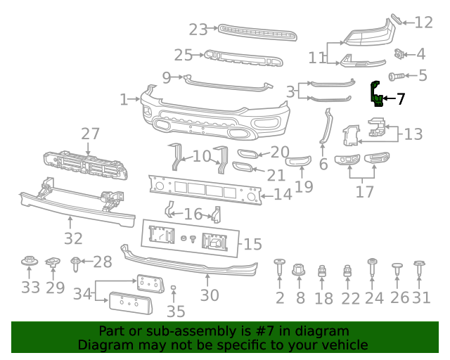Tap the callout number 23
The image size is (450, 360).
(198, 30)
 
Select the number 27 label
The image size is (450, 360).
(90, 134)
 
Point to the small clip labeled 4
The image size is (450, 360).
(400, 53)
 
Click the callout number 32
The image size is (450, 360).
(73, 238)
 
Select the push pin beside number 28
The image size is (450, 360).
(76, 264)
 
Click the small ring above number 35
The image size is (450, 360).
(173, 288)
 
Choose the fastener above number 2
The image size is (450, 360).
(279, 268)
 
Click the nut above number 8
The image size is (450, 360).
(300, 269)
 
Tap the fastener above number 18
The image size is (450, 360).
(323, 271)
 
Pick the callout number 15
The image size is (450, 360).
(252, 245)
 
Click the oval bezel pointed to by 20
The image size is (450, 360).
(248, 155)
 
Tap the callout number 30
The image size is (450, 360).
(210, 295)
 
